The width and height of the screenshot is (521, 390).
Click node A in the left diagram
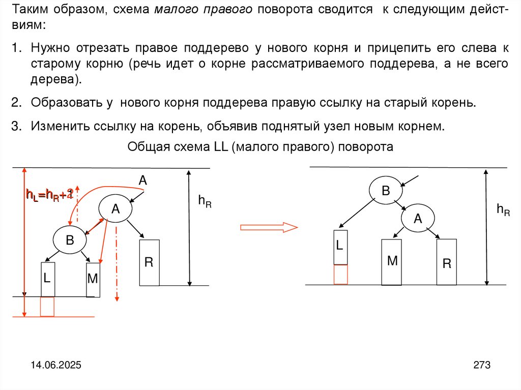tap(115, 208)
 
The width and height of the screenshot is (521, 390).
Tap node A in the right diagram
tap(418, 219)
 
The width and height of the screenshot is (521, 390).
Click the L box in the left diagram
tap(47, 279)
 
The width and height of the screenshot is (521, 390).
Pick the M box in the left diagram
tap(93, 279)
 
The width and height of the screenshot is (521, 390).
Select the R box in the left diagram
tap(149, 262)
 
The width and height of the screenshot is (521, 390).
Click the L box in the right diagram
tap(340, 247)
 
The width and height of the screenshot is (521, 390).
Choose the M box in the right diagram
tap(392, 262)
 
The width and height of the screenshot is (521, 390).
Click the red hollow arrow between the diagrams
tap(269, 227)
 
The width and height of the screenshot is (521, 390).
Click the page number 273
tap(481, 365)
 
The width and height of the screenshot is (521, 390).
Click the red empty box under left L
tap(47, 307)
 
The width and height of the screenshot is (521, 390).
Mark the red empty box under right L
tap(340, 275)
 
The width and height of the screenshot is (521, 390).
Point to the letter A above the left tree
tap(143, 179)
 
